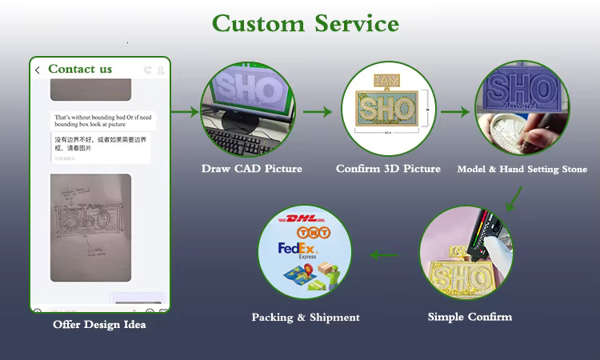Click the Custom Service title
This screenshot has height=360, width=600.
(305, 23)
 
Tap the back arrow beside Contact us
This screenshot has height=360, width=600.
(38, 70)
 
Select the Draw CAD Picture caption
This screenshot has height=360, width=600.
(251, 169)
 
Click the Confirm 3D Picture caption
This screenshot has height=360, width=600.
(388, 169)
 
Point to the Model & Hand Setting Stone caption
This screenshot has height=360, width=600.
(522, 169)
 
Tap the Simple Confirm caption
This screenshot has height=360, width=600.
(470, 317)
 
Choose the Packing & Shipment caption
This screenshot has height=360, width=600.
(306, 318)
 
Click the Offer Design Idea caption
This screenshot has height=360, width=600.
(99, 324)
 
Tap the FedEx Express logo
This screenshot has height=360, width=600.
(294, 249)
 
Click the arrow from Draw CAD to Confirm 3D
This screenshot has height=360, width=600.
(318, 113)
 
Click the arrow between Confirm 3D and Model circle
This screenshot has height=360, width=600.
(454, 113)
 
